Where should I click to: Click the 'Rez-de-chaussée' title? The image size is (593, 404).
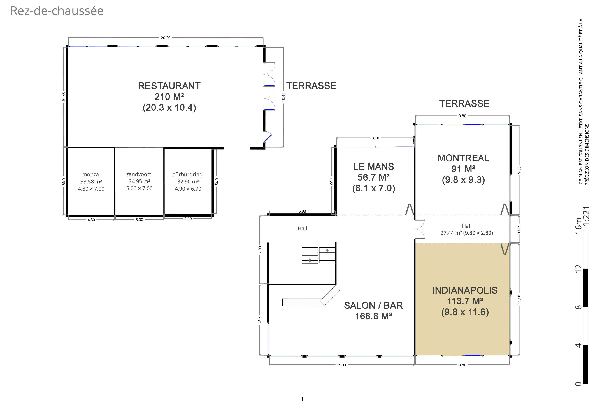point(57,11)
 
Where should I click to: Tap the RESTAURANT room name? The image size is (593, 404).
point(169,86)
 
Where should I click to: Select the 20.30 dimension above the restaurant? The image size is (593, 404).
point(166,38)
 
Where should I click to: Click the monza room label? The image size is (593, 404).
point(91,174)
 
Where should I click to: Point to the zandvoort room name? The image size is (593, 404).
point(139,174)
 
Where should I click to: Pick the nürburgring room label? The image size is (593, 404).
point(187,174)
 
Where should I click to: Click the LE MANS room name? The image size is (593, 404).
point(373,167)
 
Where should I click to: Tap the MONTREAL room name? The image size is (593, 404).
point(463,158)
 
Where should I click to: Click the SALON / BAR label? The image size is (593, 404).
point(373,305)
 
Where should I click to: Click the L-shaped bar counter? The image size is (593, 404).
point(311,296)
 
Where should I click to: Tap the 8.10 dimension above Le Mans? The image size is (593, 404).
point(375,138)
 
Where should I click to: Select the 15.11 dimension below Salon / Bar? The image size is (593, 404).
point(341,365)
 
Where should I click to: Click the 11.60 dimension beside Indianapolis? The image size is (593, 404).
point(519,299)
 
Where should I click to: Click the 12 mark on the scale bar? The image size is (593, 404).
point(578,268)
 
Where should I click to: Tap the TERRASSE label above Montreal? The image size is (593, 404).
point(464,103)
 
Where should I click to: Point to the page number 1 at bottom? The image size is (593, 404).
point(302,399)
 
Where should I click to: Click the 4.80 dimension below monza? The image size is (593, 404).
point(91,220)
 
